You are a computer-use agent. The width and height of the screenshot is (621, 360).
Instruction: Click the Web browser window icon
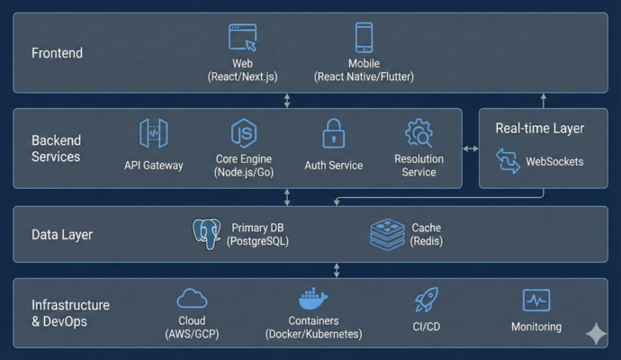[x=243, y=38]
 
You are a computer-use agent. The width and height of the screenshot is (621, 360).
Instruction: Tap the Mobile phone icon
[x=364, y=38]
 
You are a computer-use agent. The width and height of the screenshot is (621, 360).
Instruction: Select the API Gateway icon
[x=154, y=134]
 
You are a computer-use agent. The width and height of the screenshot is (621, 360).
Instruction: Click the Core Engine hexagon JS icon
[x=243, y=133]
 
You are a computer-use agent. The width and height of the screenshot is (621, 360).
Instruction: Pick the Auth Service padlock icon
[x=334, y=134]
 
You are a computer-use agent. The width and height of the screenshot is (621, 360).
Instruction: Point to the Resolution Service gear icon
[x=418, y=134]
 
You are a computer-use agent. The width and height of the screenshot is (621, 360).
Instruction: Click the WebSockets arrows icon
[x=508, y=162]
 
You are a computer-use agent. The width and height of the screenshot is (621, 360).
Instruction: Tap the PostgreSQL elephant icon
[x=207, y=234]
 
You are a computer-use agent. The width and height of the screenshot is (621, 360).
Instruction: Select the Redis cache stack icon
[x=387, y=234]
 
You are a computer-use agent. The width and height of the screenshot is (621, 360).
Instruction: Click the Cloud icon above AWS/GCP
[x=192, y=299]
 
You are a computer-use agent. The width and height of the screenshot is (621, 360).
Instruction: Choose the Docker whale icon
[x=313, y=299]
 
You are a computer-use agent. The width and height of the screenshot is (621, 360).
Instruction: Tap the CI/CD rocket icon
[x=426, y=300]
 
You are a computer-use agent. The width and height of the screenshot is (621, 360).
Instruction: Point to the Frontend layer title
[x=57, y=53]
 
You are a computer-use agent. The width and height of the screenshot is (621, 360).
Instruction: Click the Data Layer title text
[x=62, y=235]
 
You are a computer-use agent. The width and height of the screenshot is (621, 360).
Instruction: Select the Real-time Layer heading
[x=539, y=129]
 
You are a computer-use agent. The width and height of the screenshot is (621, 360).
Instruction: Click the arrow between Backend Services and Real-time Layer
[x=470, y=148]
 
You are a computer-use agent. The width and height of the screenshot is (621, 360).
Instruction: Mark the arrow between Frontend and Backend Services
[x=287, y=100]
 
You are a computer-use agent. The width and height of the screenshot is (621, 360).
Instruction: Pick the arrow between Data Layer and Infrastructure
[x=337, y=270]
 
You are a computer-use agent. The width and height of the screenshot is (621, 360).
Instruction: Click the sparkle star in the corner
[x=596, y=333]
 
